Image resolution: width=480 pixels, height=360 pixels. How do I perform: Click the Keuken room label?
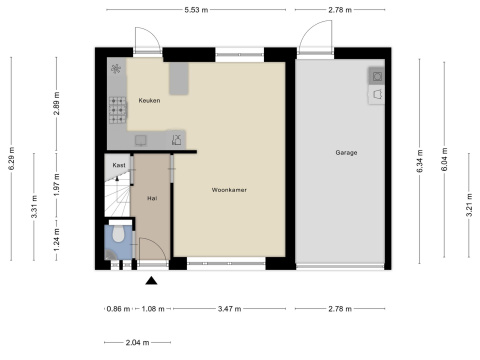[149, 100]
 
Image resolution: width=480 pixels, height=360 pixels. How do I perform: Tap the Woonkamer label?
[229, 190]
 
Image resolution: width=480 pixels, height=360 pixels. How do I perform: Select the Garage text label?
[346, 153]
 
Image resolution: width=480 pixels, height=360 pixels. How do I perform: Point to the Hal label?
[152, 198]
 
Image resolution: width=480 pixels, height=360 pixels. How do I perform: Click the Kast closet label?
[119, 165]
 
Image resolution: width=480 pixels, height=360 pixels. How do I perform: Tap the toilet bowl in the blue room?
[118, 234]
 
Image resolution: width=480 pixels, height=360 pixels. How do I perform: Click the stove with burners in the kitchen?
[118, 110]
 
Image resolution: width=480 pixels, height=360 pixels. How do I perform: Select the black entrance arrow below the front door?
[151, 281]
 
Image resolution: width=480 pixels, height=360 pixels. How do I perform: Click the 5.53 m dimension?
[196, 10]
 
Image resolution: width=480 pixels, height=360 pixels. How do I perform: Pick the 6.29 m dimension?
[12, 158]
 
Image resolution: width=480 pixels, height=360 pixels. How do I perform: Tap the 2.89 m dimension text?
[57, 103]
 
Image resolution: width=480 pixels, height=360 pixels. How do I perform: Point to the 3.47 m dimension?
[230, 309]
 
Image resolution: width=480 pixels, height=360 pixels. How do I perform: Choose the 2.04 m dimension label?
[137, 343]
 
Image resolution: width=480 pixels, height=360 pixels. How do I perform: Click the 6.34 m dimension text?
[420, 161]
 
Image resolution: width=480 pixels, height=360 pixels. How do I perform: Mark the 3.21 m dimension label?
[469, 205]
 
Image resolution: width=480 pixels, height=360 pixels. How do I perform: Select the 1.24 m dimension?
[57, 240]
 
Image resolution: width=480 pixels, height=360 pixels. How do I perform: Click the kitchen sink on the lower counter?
[141, 140]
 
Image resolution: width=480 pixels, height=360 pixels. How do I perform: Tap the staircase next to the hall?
[117, 197]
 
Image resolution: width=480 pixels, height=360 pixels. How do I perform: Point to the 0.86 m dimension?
[118, 309]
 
